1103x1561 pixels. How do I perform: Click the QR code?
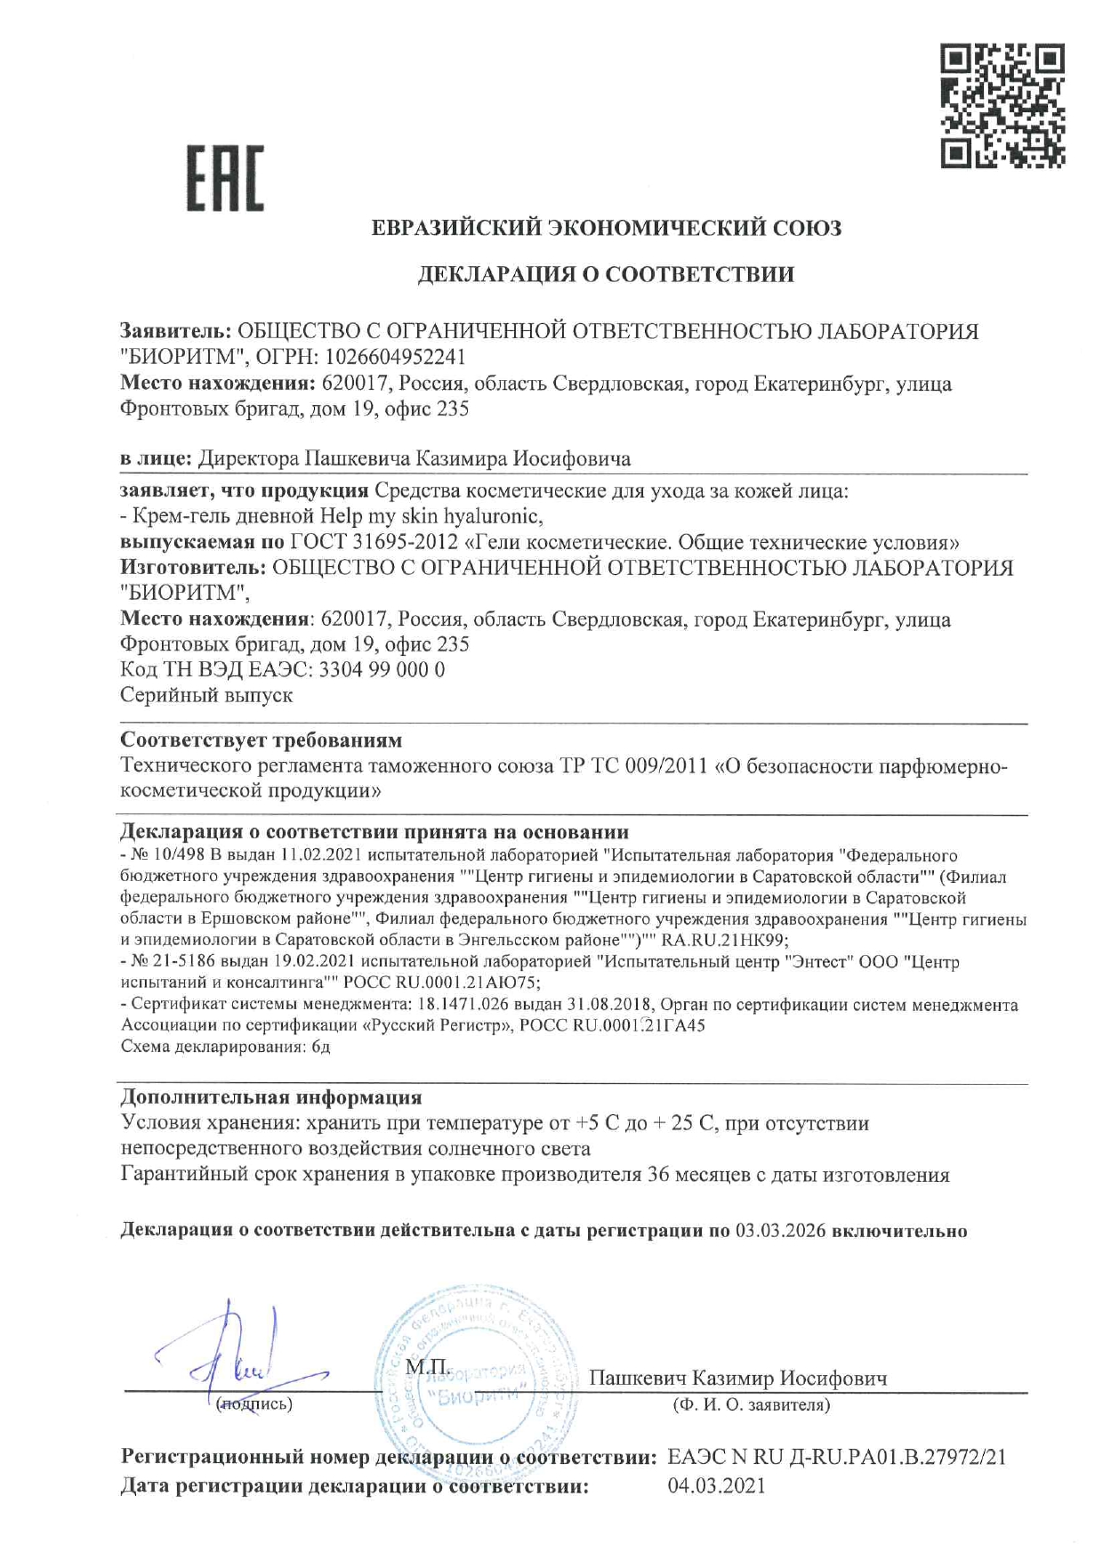[x=1003, y=108]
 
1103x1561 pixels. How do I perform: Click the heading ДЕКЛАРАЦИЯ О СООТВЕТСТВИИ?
[x=606, y=274]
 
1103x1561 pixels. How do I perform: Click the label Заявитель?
[x=175, y=332]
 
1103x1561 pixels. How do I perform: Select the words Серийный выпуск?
[x=205, y=695]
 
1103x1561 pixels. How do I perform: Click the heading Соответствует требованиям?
[x=261, y=740]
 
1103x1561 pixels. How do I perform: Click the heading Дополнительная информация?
[x=270, y=1096]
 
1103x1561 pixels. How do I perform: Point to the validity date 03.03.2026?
[x=781, y=1231]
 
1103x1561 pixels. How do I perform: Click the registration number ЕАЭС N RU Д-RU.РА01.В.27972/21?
[x=836, y=1457]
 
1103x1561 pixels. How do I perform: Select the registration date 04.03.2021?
[x=716, y=1485]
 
